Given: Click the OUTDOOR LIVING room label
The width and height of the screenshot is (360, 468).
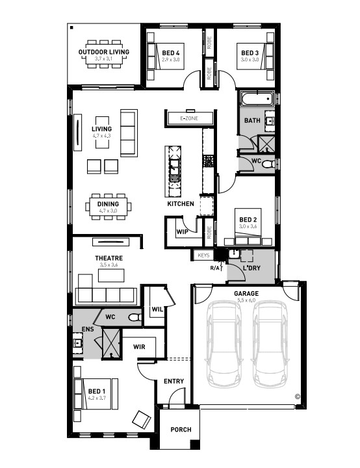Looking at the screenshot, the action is pyautogui.click(x=103, y=52).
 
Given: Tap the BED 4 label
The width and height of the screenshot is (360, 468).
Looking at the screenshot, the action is pyautogui.click(x=171, y=53).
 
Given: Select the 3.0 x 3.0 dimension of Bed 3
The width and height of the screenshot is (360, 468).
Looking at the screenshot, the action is pyautogui.click(x=250, y=59).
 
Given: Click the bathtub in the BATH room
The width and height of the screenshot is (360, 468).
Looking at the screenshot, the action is pyautogui.click(x=257, y=99).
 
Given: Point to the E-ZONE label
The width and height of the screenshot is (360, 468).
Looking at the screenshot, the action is pyautogui.click(x=189, y=118).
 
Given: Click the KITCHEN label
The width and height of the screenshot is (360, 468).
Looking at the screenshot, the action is pyautogui.click(x=181, y=204).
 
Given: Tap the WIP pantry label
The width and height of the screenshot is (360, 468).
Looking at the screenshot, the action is pyautogui.click(x=182, y=231).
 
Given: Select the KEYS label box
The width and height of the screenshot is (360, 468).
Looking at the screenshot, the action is pyautogui.click(x=203, y=255).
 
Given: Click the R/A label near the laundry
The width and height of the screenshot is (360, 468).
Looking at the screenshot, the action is pyautogui.click(x=215, y=268).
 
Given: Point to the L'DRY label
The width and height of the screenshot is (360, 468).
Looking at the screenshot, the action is pyautogui.click(x=251, y=268).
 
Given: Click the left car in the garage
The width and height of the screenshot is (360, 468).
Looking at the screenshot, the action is pyautogui.click(x=224, y=344).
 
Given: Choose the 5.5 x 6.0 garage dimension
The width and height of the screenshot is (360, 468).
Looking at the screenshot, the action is pyautogui.click(x=246, y=300).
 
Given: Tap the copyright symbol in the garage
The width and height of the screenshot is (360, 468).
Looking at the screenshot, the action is pyautogui.click(x=298, y=396).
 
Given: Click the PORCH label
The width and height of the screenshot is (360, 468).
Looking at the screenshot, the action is pyautogui.click(x=181, y=430).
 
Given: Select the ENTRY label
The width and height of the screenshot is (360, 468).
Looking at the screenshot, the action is pyautogui.click(x=174, y=381).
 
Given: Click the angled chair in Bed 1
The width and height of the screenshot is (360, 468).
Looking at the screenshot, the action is pyautogui.click(x=142, y=419).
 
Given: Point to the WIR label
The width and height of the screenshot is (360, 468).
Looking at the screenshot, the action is pyautogui.click(x=139, y=347).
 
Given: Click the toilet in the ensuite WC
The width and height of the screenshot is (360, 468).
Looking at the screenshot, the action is pyautogui.click(x=135, y=317).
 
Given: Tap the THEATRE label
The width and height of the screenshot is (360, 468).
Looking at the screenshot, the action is pyautogui.click(x=109, y=258).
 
